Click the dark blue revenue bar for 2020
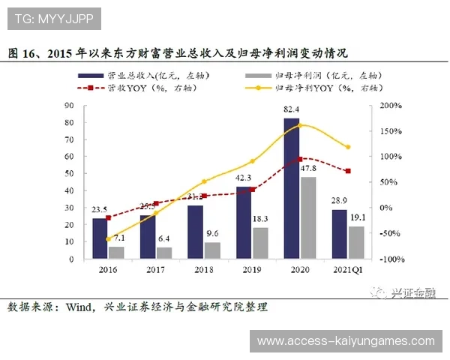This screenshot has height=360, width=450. (x=291, y=188)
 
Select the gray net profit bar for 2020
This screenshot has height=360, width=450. (x=307, y=217)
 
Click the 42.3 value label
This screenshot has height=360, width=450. (x=244, y=178)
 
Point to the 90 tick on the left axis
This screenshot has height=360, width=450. (x=69, y=106)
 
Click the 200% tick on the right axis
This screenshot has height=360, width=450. (x=390, y=106)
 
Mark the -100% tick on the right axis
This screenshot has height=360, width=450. (x=390, y=259)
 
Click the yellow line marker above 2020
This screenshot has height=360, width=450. (x=300, y=125)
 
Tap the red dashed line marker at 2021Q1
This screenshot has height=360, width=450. (x=348, y=171)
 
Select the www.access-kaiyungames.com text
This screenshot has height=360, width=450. (x=346, y=341)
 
